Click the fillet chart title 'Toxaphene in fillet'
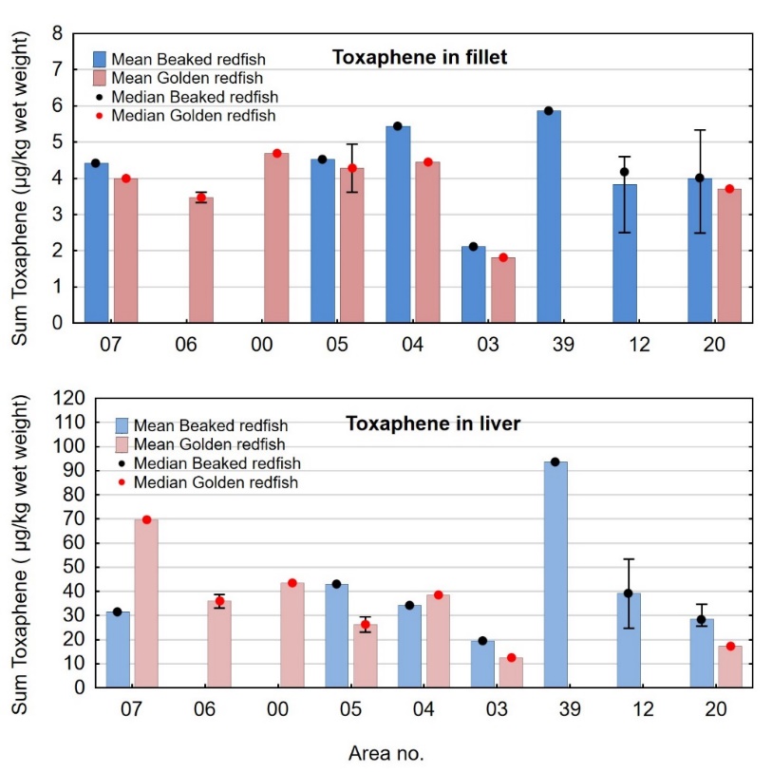tap(419, 58)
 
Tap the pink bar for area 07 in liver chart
tap(146, 603)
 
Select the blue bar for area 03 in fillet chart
tap(473, 285)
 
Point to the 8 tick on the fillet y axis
tap(57, 34)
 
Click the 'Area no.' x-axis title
tap(386, 754)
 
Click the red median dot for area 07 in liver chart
tap(146, 519)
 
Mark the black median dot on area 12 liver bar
tap(628, 593)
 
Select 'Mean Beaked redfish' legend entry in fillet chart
tap(170, 60)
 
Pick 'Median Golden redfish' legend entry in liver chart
tap(206, 482)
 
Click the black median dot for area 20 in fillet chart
tap(699, 178)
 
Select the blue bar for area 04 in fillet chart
tap(398, 224)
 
